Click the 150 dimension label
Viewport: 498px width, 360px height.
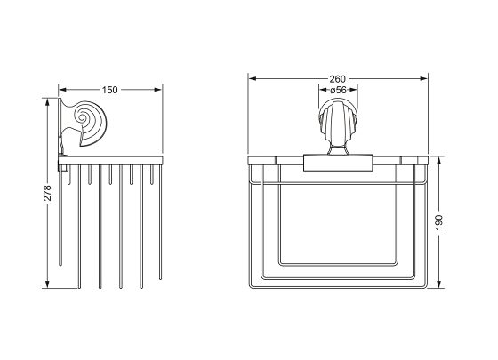pyautogui.click(x=109, y=90)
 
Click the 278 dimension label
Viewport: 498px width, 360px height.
pyautogui.click(x=47, y=193)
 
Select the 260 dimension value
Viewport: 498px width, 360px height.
pyautogui.click(x=337, y=79)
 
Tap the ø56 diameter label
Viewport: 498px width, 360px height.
pyautogui.click(x=338, y=90)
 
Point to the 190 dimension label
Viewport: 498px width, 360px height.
pyautogui.click(x=439, y=222)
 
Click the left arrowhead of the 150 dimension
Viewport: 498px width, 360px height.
pyautogui.click(x=62, y=90)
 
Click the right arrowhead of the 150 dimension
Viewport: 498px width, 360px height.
pyautogui.click(x=158, y=90)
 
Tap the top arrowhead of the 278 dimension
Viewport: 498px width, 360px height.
pyautogui.click(x=47, y=101)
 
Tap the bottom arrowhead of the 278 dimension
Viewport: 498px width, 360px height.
pyautogui.click(x=47, y=284)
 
